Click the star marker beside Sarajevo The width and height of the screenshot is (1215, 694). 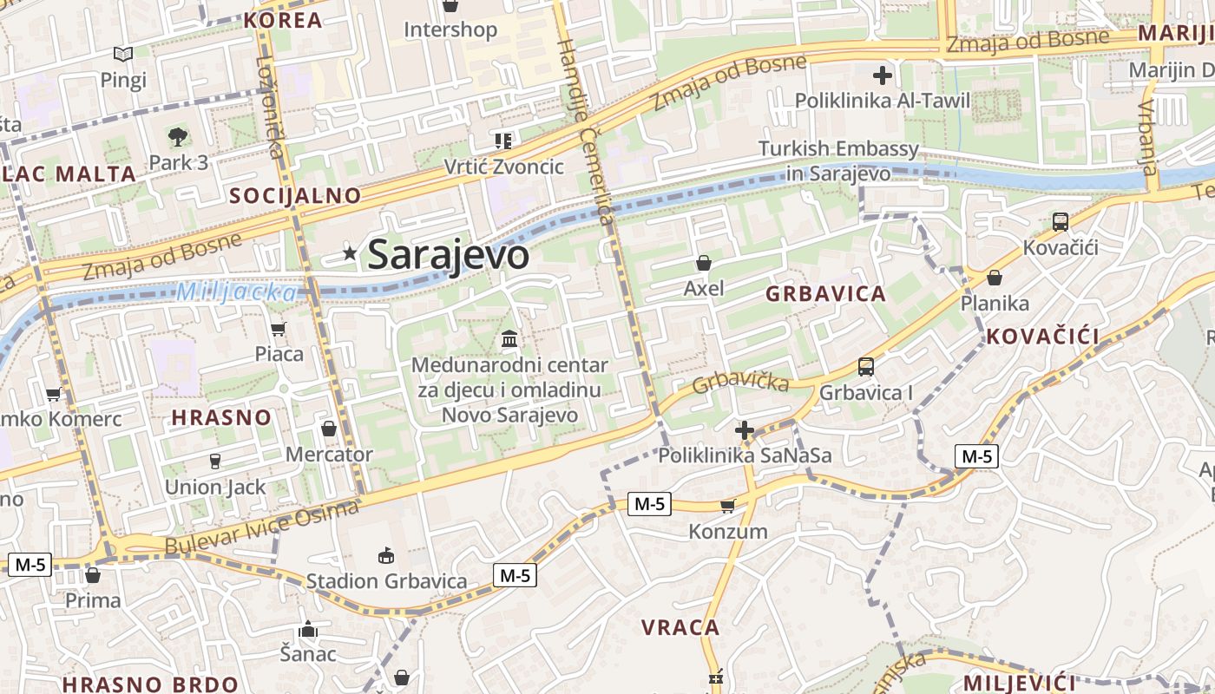tap(350, 253)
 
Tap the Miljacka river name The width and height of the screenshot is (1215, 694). tap(235, 292)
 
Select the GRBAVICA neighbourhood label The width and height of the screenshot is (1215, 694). tap(825, 294)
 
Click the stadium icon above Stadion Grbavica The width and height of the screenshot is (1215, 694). tap(386, 555)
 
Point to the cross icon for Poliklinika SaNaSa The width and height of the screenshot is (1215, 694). tap(744, 429)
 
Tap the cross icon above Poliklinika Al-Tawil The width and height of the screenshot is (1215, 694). tap(883, 75)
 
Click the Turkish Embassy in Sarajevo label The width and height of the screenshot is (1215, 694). tap(838, 160)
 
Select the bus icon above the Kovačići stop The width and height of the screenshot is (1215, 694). tap(1060, 222)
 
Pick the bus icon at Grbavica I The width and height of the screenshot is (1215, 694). tap(865, 367)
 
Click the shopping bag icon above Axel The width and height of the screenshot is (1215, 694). tap(704, 262)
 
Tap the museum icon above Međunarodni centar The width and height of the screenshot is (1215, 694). tap(509, 338)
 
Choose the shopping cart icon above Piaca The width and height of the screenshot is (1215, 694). tap(279, 329)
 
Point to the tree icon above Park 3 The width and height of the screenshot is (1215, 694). tap(178, 136)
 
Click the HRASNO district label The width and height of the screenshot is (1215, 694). tap(221, 417)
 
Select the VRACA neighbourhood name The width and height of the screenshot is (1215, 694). tap(680, 627)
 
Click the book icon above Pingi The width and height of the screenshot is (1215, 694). tap(123, 55)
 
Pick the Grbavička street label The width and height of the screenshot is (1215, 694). tap(740, 382)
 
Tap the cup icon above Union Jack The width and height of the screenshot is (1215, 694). tap(214, 461)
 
